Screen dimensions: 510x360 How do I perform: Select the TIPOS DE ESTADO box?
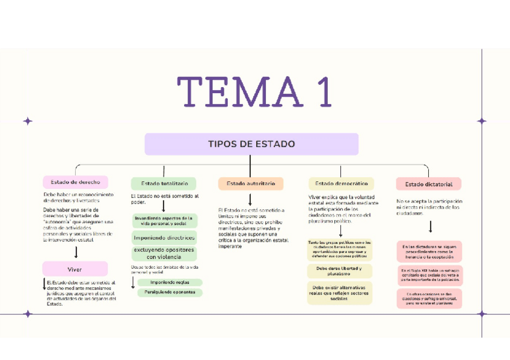tap(251, 144)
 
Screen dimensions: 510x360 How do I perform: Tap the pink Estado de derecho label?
tap(75, 182)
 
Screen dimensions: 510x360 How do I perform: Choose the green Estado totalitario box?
tap(164, 183)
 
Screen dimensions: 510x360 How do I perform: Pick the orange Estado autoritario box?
tap(250, 183)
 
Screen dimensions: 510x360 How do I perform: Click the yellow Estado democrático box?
tap(341, 183)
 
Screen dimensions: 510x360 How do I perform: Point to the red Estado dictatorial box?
tap(429, 184)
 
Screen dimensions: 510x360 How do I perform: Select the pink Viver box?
tap(75, 269)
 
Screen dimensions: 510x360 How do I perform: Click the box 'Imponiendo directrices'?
tap(164, 237)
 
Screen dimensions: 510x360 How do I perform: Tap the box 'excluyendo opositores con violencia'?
tap(164, 253)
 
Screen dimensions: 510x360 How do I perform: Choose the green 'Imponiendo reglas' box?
tap(170, 282)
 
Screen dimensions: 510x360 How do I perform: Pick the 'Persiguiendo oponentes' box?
tap(170, 292)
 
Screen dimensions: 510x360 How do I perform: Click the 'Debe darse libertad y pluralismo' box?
tap(340, 270)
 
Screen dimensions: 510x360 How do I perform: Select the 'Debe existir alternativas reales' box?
tap(340, 293)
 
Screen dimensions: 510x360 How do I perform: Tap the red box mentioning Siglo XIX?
tap(429, 275)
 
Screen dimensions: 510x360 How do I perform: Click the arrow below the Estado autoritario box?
tap(250, 200)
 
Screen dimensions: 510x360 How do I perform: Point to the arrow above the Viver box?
tap(76, 252)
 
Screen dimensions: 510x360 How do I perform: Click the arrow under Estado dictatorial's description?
tap(430, 227)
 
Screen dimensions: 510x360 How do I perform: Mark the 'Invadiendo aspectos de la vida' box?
tap(164, 221)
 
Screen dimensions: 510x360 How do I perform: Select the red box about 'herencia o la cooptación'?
tap(429, 251)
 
